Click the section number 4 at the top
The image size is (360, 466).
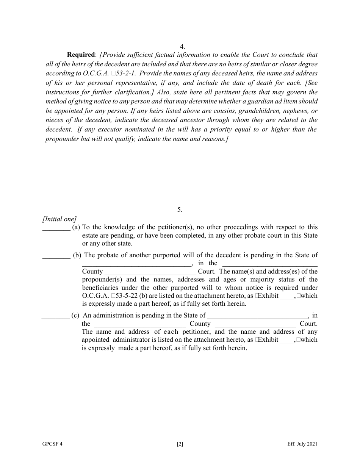(x=182, y=47)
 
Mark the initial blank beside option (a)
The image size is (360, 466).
(x=56, y=228)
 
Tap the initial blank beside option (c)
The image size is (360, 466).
(x=55, y=316)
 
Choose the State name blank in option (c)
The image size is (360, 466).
(x=258, y=316)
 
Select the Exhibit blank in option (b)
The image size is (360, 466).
(x=287, y=296)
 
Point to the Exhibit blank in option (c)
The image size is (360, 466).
(x=287, y=340)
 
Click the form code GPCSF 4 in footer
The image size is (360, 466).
(x=52, y=444)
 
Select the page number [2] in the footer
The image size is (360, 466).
(x=180, y=444)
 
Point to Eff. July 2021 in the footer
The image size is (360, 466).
(x=302, y=444)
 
